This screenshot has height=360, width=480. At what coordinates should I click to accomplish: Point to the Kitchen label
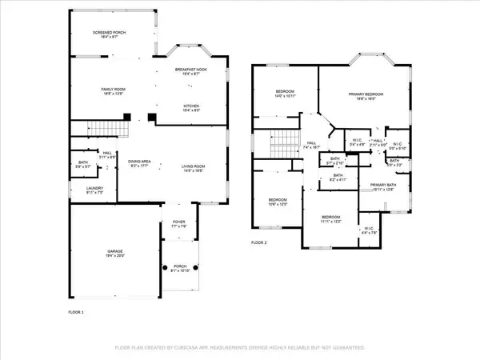[192, 107]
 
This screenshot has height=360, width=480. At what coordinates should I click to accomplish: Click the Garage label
[115, 252]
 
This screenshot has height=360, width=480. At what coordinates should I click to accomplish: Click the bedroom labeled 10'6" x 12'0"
[278, 201]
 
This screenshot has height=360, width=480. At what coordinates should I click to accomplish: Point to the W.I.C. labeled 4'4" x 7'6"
[369, 229]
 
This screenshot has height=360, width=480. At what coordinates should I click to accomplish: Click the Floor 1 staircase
[107, 128]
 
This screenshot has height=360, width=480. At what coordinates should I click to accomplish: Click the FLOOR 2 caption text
[258, 242]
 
